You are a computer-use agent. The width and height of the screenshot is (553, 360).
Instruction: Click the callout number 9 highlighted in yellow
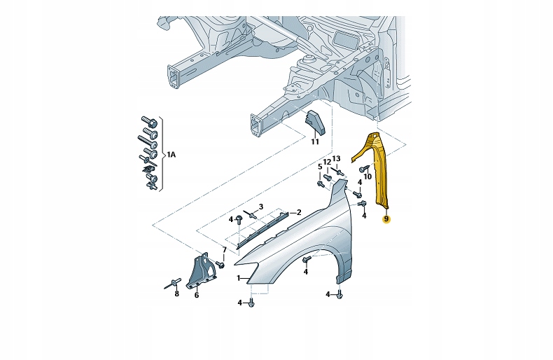(385, 219)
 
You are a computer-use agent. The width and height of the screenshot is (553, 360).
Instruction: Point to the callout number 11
(314, 141)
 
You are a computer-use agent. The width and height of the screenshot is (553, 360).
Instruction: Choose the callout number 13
(336, 159)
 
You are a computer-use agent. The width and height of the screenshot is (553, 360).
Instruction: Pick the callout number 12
(326, 162)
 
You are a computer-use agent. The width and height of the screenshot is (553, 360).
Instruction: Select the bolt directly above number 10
(364, 169)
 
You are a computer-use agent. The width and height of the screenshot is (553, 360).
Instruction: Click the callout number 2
(298, 212)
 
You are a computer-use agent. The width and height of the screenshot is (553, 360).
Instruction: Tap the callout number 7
(224, 250)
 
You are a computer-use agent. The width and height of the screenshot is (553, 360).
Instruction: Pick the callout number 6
(196, 296)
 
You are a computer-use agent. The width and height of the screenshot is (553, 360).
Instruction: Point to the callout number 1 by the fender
(238, 278)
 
